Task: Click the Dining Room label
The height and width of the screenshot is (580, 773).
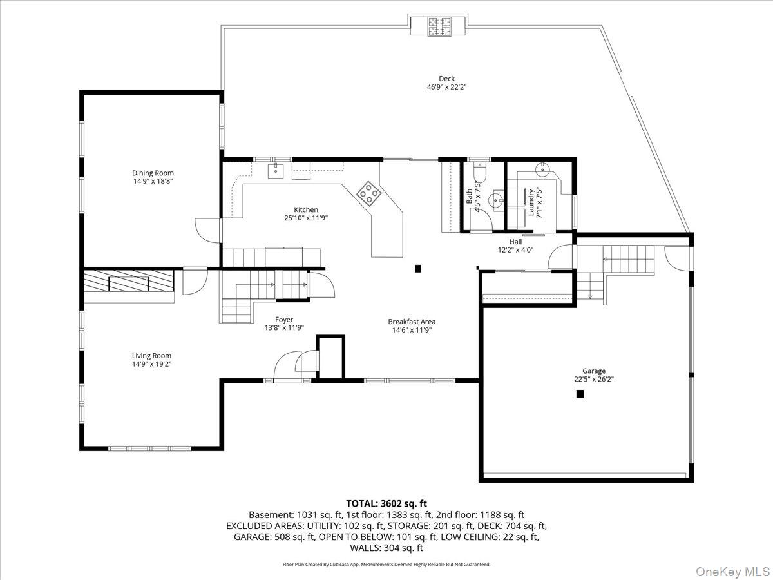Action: click(153, 173)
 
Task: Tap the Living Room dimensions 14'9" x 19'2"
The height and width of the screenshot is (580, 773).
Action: click(152, 364)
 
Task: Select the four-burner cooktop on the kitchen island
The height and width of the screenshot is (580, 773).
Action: click(368, 193)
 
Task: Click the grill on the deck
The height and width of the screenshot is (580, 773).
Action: click(439, 26)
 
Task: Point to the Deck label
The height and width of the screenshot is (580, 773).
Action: click(446, 79)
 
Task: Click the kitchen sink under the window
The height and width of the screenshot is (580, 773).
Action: click(276, 171)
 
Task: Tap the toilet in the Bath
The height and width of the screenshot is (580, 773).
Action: click(480, 172)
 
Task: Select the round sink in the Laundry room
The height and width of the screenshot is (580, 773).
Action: click(542, 169)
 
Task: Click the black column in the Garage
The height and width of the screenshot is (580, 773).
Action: click(580, 394)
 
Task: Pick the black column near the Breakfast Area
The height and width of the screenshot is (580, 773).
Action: click(417, 269)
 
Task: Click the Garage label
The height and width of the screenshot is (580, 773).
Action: click(594, 371)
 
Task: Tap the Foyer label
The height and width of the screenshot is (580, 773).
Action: click(284, 320)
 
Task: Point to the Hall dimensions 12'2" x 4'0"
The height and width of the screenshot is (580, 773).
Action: click(515, 250)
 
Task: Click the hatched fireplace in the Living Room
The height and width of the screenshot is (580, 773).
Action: click(129, 281)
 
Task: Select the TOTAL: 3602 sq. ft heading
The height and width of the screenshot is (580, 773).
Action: click(386, 503)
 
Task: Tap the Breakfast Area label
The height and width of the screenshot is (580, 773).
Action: click(412, 322)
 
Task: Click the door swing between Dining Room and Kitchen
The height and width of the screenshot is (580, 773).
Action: click(208, 231)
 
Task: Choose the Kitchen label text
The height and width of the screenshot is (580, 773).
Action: click(306, 209)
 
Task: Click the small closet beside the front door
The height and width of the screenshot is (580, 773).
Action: click(330, 358)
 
